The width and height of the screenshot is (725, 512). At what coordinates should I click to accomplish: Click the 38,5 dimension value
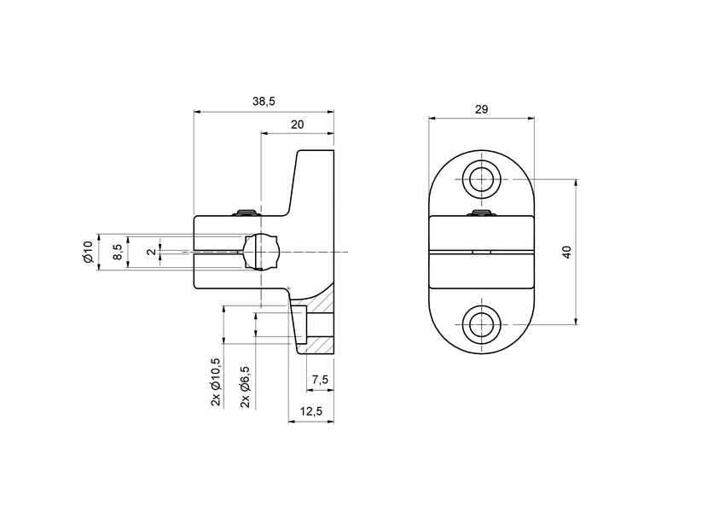point(264,102)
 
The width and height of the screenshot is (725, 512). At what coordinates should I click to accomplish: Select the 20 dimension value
point(297,125)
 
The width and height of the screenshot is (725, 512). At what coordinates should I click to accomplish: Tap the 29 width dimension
point(482,109)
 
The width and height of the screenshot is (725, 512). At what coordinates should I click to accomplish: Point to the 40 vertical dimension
point(567,252)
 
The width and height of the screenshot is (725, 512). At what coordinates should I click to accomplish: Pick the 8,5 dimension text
point(119,252)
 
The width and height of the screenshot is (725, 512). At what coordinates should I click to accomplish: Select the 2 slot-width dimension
point(150,252)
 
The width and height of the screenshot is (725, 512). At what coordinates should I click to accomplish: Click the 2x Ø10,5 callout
point(216,381)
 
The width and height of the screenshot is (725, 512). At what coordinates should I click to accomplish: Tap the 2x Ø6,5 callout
point(246,386)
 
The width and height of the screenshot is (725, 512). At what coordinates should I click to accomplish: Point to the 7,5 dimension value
point(319,379)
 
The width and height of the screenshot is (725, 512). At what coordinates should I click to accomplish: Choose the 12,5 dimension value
point(311,412)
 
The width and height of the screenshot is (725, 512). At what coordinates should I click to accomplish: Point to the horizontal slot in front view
point(482,252)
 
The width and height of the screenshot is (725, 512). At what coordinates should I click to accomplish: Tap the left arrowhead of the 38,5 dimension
point(198,111)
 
